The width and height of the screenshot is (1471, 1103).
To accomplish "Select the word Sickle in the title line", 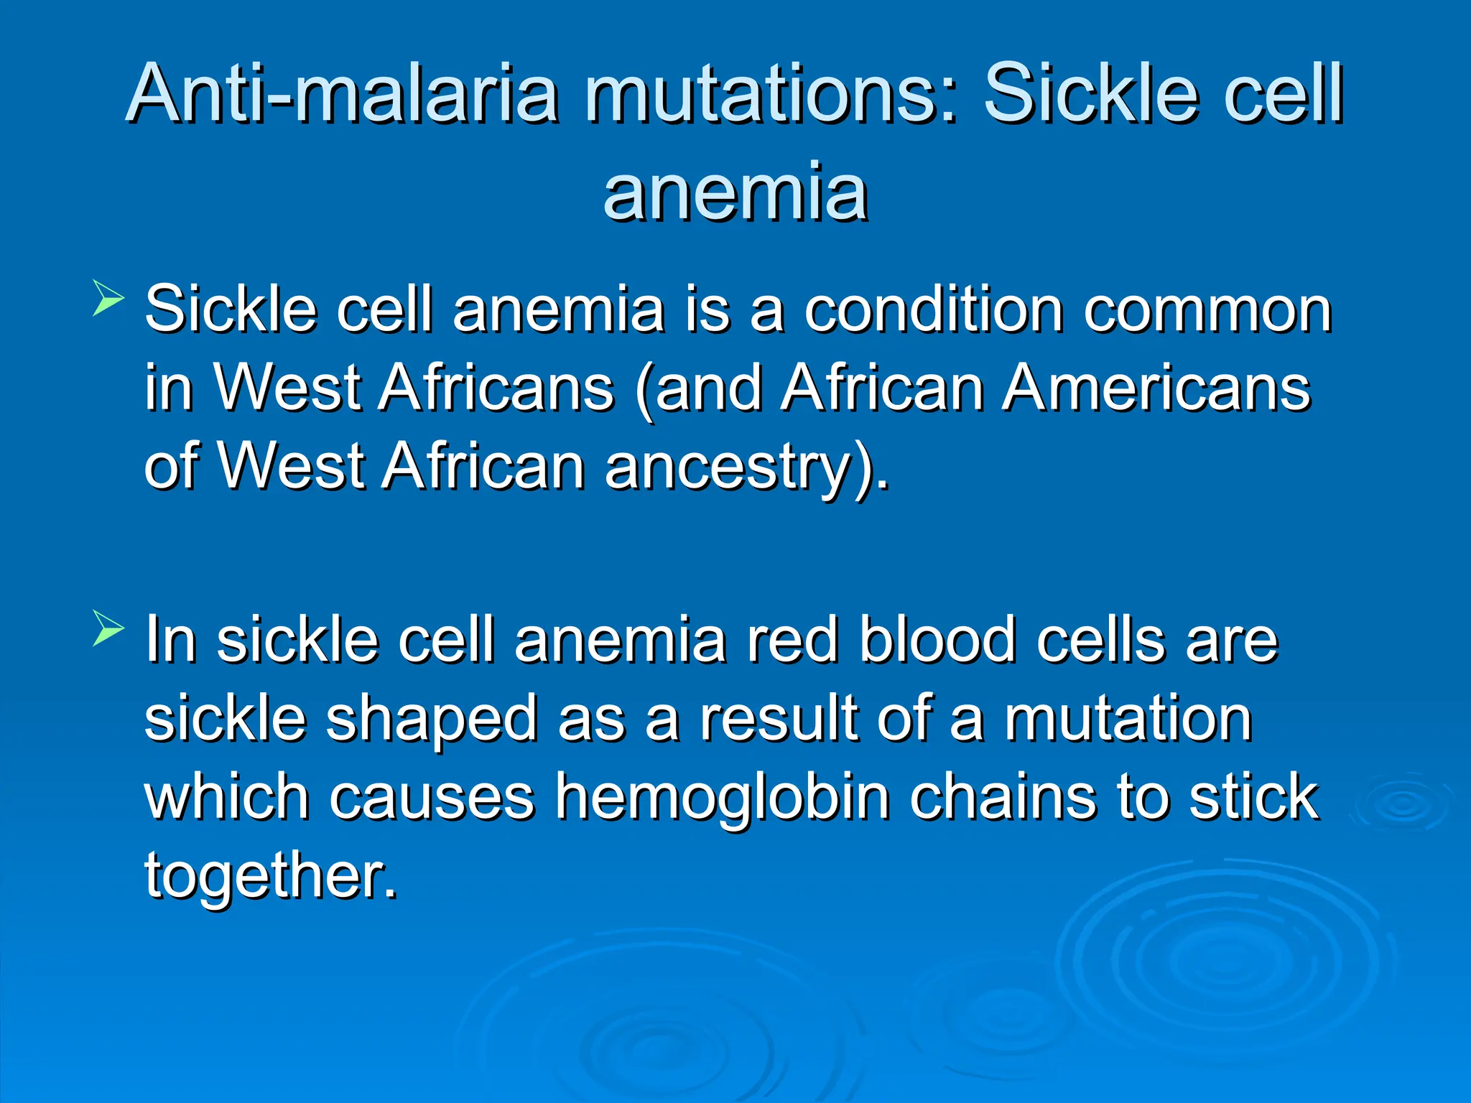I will click(x=1092, y=93).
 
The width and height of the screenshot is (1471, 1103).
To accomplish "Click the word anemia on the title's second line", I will click(x=735, y=192).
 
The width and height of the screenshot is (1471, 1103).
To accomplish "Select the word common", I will click(x=1207, y=310).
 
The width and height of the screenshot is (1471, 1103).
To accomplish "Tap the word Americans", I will click(x=1156, y=388).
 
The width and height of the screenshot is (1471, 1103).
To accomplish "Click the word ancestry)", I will click(x=746, y=467).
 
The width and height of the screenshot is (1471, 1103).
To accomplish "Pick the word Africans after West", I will click(x=496, y=388).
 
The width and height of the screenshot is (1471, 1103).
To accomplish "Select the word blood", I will click(x=937, y=640).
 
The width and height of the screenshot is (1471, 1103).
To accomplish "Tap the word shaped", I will click(x=432, y=720).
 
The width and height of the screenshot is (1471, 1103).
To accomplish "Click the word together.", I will click(x=271, y=876).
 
